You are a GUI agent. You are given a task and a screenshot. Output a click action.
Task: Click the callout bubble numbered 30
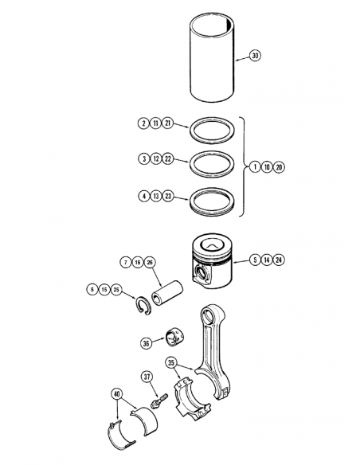point(254,56)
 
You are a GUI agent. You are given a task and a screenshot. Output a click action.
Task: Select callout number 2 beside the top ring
point(143,123)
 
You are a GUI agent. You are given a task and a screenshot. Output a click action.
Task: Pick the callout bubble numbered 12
point(155,159)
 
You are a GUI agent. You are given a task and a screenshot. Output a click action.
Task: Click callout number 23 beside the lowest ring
point(168,194)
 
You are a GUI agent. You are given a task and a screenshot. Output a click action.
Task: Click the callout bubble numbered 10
point(267,167)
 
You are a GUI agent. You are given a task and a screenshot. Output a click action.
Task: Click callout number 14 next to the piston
point(267,259)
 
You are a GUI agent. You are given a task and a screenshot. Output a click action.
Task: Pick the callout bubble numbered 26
point(151,262)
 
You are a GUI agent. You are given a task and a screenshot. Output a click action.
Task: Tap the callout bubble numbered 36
point(146,344)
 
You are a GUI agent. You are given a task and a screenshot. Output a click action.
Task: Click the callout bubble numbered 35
point(171,363)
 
